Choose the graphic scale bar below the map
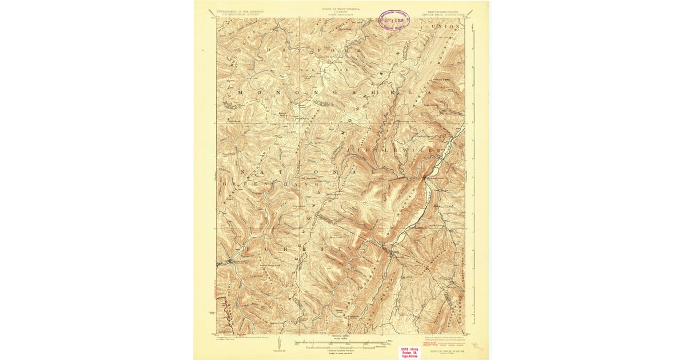click(341, 343)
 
